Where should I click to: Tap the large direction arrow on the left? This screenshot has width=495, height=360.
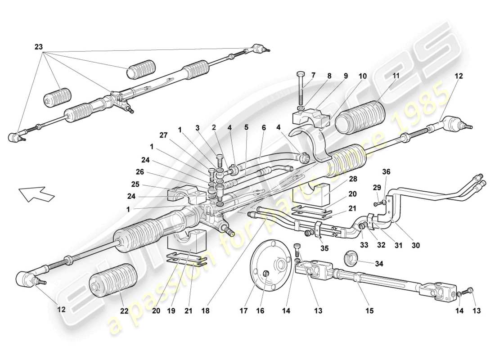click(x=36, y=194)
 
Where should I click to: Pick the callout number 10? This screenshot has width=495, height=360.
click(x=363, y=76)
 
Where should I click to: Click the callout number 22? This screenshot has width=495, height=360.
click(x=124, y=311)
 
